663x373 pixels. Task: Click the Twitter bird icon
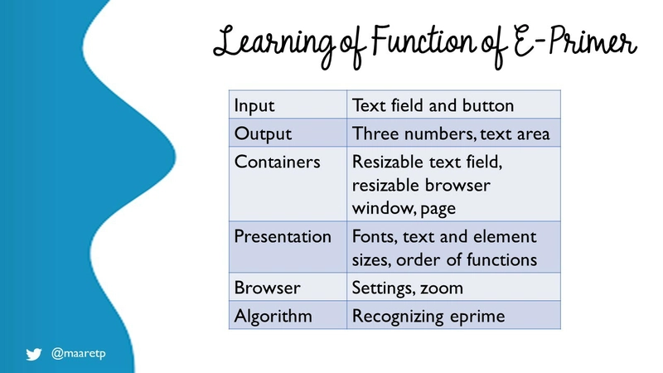coord(34,354)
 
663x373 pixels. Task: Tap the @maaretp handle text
coord(79,353)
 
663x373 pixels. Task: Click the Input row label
coord(254,106)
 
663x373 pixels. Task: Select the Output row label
coord(263,134)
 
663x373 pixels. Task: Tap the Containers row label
coord(278,162)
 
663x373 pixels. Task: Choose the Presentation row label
coord(283,236)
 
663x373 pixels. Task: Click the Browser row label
coord(267,288)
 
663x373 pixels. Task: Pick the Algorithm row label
coord(273,317)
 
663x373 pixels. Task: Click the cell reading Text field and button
coord(433,105)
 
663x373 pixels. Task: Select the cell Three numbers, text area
coord(451,133)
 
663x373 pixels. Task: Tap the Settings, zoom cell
coord(408,288)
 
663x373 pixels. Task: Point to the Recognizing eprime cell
coord(428,317)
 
